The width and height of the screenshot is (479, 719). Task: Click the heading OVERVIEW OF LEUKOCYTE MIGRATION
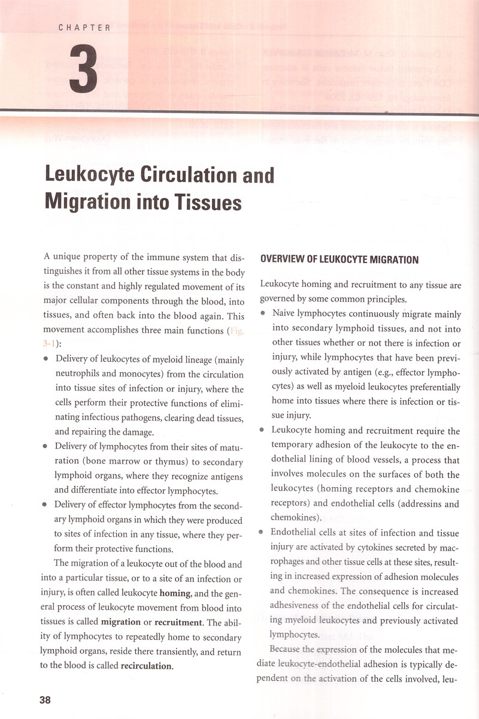339,259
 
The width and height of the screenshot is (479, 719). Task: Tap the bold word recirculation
146,665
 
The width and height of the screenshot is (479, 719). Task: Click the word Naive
284,313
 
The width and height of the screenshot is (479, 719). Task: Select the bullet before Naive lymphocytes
263,313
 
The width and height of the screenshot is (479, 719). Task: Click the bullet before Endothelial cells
263,532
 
